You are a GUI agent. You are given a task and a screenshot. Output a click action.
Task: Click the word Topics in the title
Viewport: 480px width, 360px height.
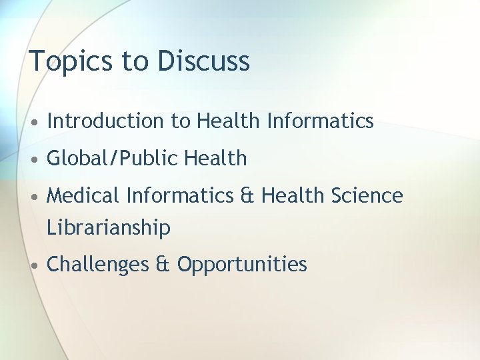point(71,61)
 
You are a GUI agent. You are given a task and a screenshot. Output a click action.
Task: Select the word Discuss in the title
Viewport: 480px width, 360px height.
point(203,61)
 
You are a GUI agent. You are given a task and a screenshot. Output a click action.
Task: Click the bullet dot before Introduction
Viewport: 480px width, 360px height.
point(33,122)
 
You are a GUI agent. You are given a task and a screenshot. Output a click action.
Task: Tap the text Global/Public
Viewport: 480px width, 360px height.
point(113,159)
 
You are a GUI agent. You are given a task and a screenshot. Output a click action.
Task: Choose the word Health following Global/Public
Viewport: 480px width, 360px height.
point(215,159)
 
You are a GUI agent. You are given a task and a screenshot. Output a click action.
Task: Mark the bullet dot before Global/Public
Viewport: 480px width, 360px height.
point(33,160)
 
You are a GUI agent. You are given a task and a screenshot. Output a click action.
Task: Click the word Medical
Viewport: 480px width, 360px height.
point(83,196)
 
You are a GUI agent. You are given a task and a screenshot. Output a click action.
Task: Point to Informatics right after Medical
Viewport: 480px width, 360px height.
point(179,196)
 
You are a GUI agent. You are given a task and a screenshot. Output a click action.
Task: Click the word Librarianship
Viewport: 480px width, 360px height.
point(109,228)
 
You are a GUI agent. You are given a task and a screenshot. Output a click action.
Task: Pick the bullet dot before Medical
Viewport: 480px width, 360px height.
point(33,197)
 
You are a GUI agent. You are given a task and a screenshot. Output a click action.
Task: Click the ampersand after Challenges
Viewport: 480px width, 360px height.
point(163,265)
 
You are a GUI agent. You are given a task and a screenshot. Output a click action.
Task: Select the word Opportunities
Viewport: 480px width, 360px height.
point(242,265)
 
